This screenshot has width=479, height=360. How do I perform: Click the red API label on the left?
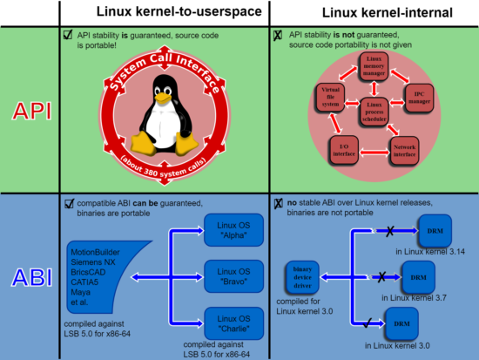click(30, 110)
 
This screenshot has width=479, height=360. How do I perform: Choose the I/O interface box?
click(340, 151)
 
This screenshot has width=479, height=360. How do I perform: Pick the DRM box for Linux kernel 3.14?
click(428, 233)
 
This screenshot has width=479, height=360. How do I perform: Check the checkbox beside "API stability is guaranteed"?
click(69, 35)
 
